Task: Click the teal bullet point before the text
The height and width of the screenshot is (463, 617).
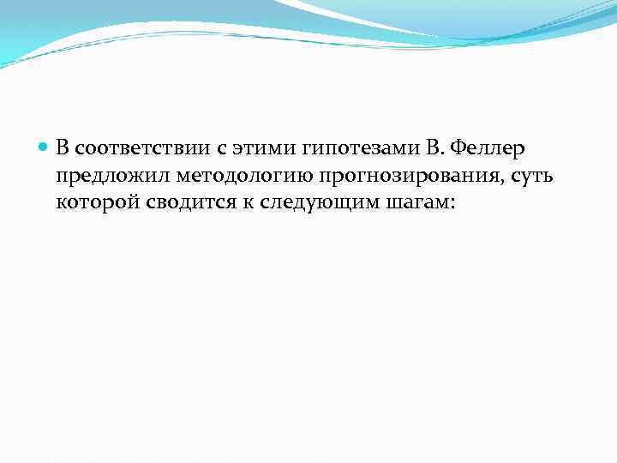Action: tap(45, 148)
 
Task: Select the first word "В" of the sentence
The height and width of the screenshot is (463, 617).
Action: tap(63, 148)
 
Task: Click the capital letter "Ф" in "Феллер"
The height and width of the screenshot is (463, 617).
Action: tap(457, 148)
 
